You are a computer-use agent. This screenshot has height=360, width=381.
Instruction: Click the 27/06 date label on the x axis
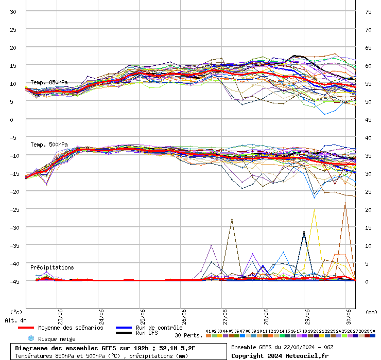click(225, 317)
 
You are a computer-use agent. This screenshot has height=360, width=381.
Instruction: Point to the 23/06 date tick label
click(60, 317)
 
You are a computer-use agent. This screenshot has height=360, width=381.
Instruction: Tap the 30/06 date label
click(349, 317)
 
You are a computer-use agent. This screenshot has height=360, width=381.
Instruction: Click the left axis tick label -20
click(14, 192)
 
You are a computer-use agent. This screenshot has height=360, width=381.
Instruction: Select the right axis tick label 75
click(368, 12)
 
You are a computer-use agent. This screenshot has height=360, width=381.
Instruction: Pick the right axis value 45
click(368, 120)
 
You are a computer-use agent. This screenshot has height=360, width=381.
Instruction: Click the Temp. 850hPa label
click(49, 82)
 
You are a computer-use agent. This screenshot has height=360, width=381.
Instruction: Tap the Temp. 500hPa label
click(49, 145)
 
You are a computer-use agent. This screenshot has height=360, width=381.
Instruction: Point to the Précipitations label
click(52, 267)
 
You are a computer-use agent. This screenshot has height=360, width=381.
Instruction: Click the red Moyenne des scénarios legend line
click(26, 328)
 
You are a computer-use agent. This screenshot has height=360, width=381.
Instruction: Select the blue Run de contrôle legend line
click(124, 328)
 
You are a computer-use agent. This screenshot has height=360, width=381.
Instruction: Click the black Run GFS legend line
click(124, 333)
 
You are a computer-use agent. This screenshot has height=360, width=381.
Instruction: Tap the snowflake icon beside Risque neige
click(31, 338)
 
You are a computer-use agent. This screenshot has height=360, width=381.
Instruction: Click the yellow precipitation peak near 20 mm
click(314, 210)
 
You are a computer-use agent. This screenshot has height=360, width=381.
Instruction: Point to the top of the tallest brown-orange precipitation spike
click(345, 203)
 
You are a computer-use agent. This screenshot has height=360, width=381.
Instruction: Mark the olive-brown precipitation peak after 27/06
click(232, 219)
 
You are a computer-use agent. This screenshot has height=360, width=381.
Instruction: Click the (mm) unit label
click(371, 312)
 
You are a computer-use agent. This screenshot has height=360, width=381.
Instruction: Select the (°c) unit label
click(16, 312)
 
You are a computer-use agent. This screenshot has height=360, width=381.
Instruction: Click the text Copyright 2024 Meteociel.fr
click(280, 356)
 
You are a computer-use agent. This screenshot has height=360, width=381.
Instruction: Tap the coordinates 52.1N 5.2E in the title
click(177, 348)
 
